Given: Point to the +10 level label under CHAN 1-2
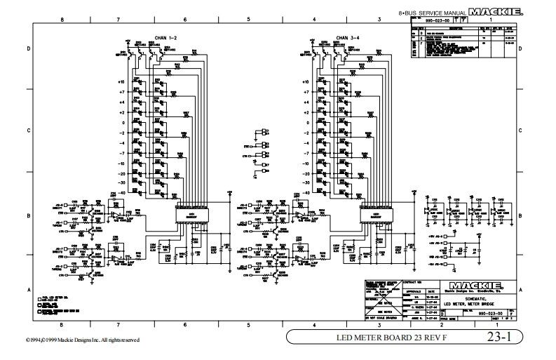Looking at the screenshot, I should coord(121,83).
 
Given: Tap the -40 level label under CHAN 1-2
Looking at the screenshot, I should coord(121,192).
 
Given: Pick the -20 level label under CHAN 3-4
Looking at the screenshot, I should coord(303,173).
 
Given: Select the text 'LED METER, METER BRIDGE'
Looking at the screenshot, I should coord(473,303).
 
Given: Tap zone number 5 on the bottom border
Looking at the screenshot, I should coord(248,325).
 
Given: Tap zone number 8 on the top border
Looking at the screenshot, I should coord(62,20).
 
